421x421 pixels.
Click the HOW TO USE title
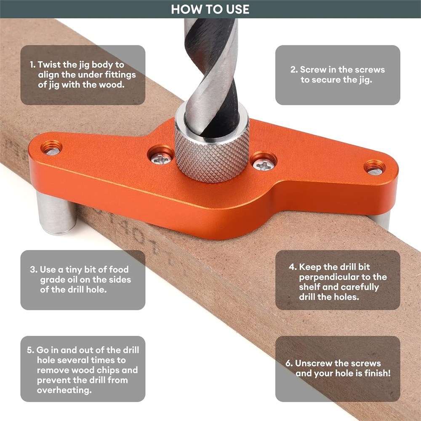tap(210, 9)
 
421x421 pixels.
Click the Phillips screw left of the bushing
tap(161, 158)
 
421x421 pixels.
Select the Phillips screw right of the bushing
tap(264, 164)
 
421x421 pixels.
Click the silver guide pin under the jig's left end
tap(56, 213)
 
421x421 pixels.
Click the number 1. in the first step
tap(32, 65)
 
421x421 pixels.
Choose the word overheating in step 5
tap(64, 390)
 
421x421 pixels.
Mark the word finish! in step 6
tap(377, 373)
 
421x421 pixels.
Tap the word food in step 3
tap(119, 269)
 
